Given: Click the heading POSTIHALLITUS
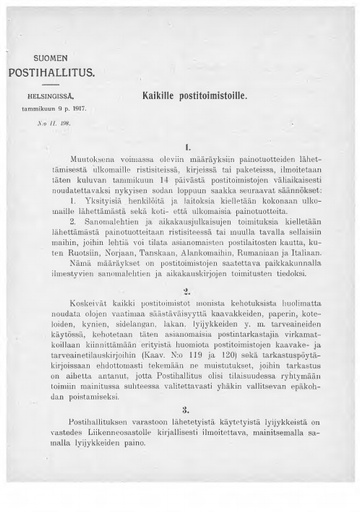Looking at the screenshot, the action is tap(56, 74).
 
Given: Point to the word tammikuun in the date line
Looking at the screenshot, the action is tap(47, 107).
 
